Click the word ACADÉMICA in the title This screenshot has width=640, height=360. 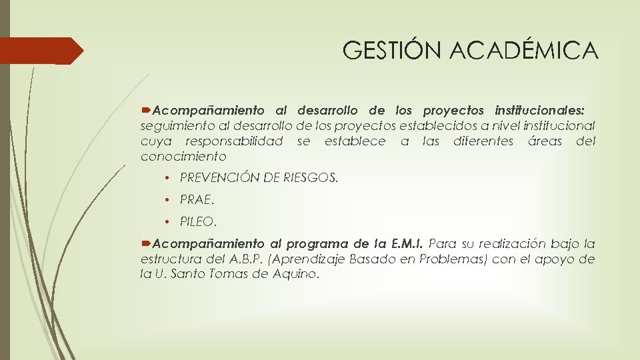pyautogui.click(x=526, y=50)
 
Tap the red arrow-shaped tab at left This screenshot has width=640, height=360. pyautogui.click(x=40, y=51)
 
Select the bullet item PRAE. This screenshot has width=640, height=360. pyautogui.click(x=197, y=199)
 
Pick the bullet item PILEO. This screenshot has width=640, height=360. pyautogui.click(x=199, y=221)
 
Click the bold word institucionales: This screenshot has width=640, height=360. pyautogui.click(x=540, y=110)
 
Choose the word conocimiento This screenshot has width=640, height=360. pyautogui.click(x=183, y=157)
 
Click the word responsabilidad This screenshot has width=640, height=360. pyautogui.click(x=233, y=141)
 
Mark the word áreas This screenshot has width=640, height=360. pyautogui.click(x=545, y=141)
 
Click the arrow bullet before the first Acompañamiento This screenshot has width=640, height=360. pyautogui.click(x=147, y=110)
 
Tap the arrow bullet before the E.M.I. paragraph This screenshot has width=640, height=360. pyautogui.click(x=147, y=243)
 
